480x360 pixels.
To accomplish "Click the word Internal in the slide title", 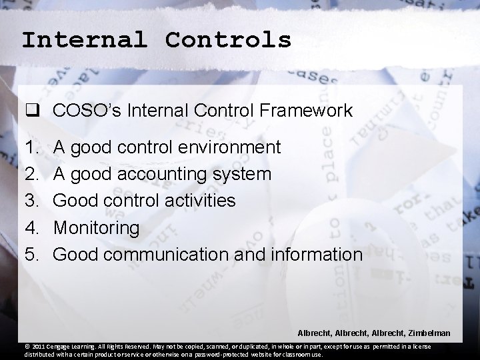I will point(84,40).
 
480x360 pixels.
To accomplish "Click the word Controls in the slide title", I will point(229,40).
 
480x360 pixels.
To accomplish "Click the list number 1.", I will point(30,147).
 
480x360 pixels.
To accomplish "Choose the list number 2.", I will point(30,174).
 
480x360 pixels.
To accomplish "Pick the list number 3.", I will point(30,201).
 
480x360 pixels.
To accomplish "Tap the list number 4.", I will point(30,228).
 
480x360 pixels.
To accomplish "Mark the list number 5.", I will point(30,255).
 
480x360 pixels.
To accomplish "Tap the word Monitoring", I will point(97,228).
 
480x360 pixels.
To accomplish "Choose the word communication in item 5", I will point(177,255).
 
